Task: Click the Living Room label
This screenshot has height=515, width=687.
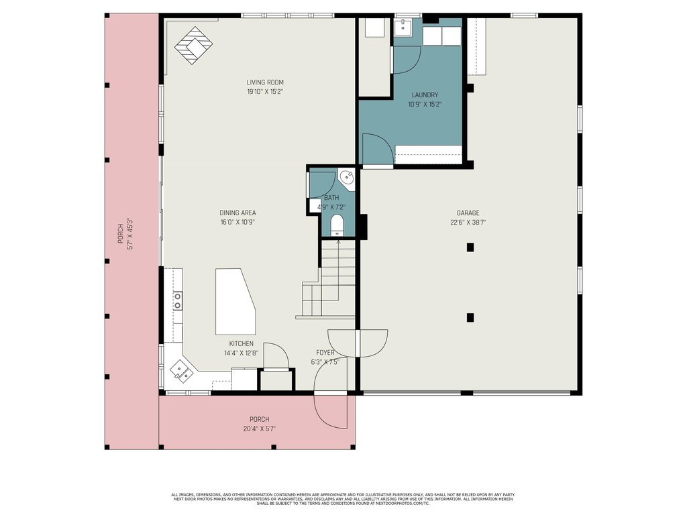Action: pos(265,82)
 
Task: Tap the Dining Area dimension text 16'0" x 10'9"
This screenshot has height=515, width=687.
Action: pos(237,222)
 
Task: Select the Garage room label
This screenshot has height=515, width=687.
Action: pos(468,213)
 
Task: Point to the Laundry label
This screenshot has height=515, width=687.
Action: pos(425,95)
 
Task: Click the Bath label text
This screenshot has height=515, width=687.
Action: pos(331,198)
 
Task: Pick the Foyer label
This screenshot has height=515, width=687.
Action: pos(325,353)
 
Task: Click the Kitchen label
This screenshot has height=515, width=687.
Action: pos(241,344)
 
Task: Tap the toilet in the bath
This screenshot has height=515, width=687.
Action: pos(337,225)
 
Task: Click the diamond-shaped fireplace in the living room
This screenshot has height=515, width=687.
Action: pos(193,46)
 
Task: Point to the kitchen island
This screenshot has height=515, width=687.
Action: pos(235,302)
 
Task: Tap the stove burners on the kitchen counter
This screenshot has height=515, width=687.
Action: pos(177,300)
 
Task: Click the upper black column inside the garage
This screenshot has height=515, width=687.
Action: pos(470,247)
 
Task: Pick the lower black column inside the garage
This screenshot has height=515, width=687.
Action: pos(470,317)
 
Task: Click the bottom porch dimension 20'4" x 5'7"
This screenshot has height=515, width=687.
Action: pos(260,429)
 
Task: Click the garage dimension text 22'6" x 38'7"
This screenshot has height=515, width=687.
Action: pos(468,222)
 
